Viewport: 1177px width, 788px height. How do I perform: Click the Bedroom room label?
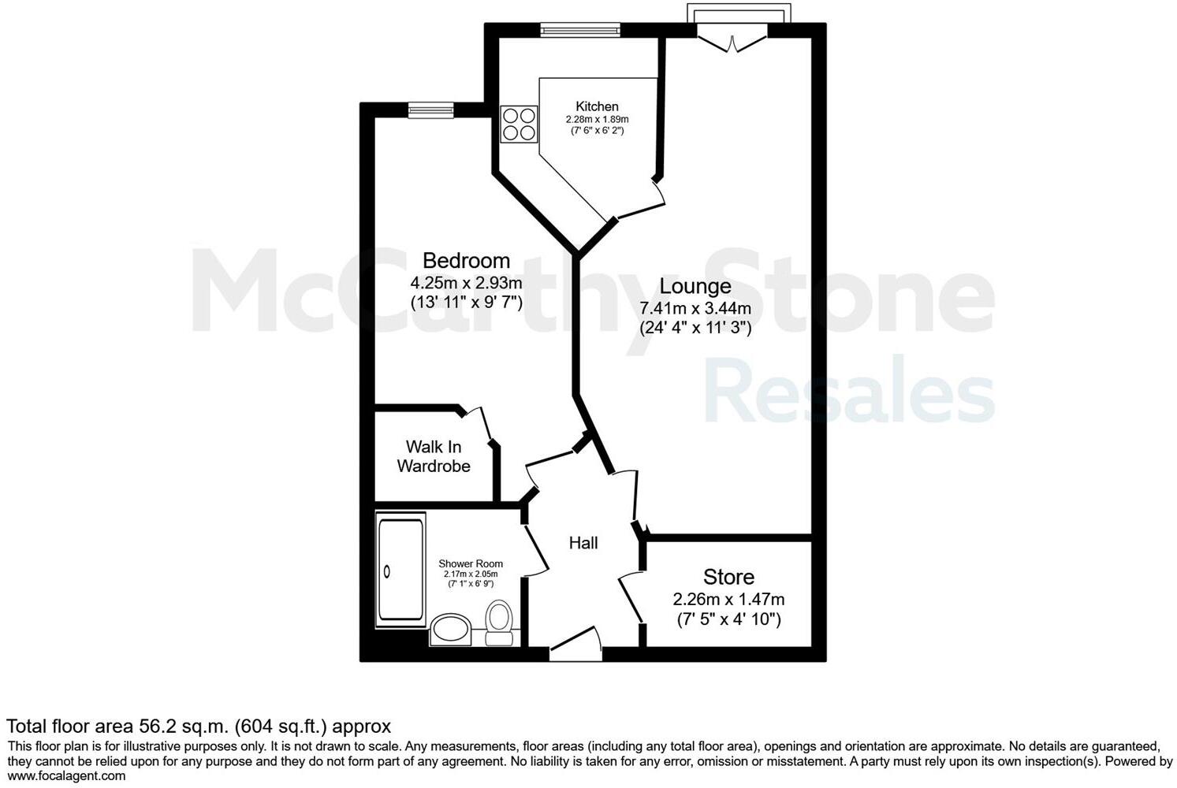(x=466, y=260)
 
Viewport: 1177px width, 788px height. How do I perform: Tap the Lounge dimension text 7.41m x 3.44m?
(x=695, y=307)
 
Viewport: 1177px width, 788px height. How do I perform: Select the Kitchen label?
(x=597, y=106)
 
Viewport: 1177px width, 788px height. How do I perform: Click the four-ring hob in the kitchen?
(x=518, y=125)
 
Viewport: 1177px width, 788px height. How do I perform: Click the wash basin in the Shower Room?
(x=449, y=630)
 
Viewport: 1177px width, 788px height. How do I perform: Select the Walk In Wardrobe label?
(x=434, y=456)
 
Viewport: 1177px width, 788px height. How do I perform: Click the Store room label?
(x=728, y=576)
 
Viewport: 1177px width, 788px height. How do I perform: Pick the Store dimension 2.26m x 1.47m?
(x=728, y=599)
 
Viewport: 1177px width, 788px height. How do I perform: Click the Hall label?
(x=583, y=543)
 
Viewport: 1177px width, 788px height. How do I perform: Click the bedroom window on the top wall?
(x=431, y=110)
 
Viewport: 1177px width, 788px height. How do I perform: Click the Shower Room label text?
(x=471, y=563)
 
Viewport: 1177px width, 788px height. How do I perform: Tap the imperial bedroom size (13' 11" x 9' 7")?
(x=466, y=302)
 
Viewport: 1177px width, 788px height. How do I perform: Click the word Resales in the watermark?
(x=849, y=390)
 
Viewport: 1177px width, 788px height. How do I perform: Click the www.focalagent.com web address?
(x=66, y=776)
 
